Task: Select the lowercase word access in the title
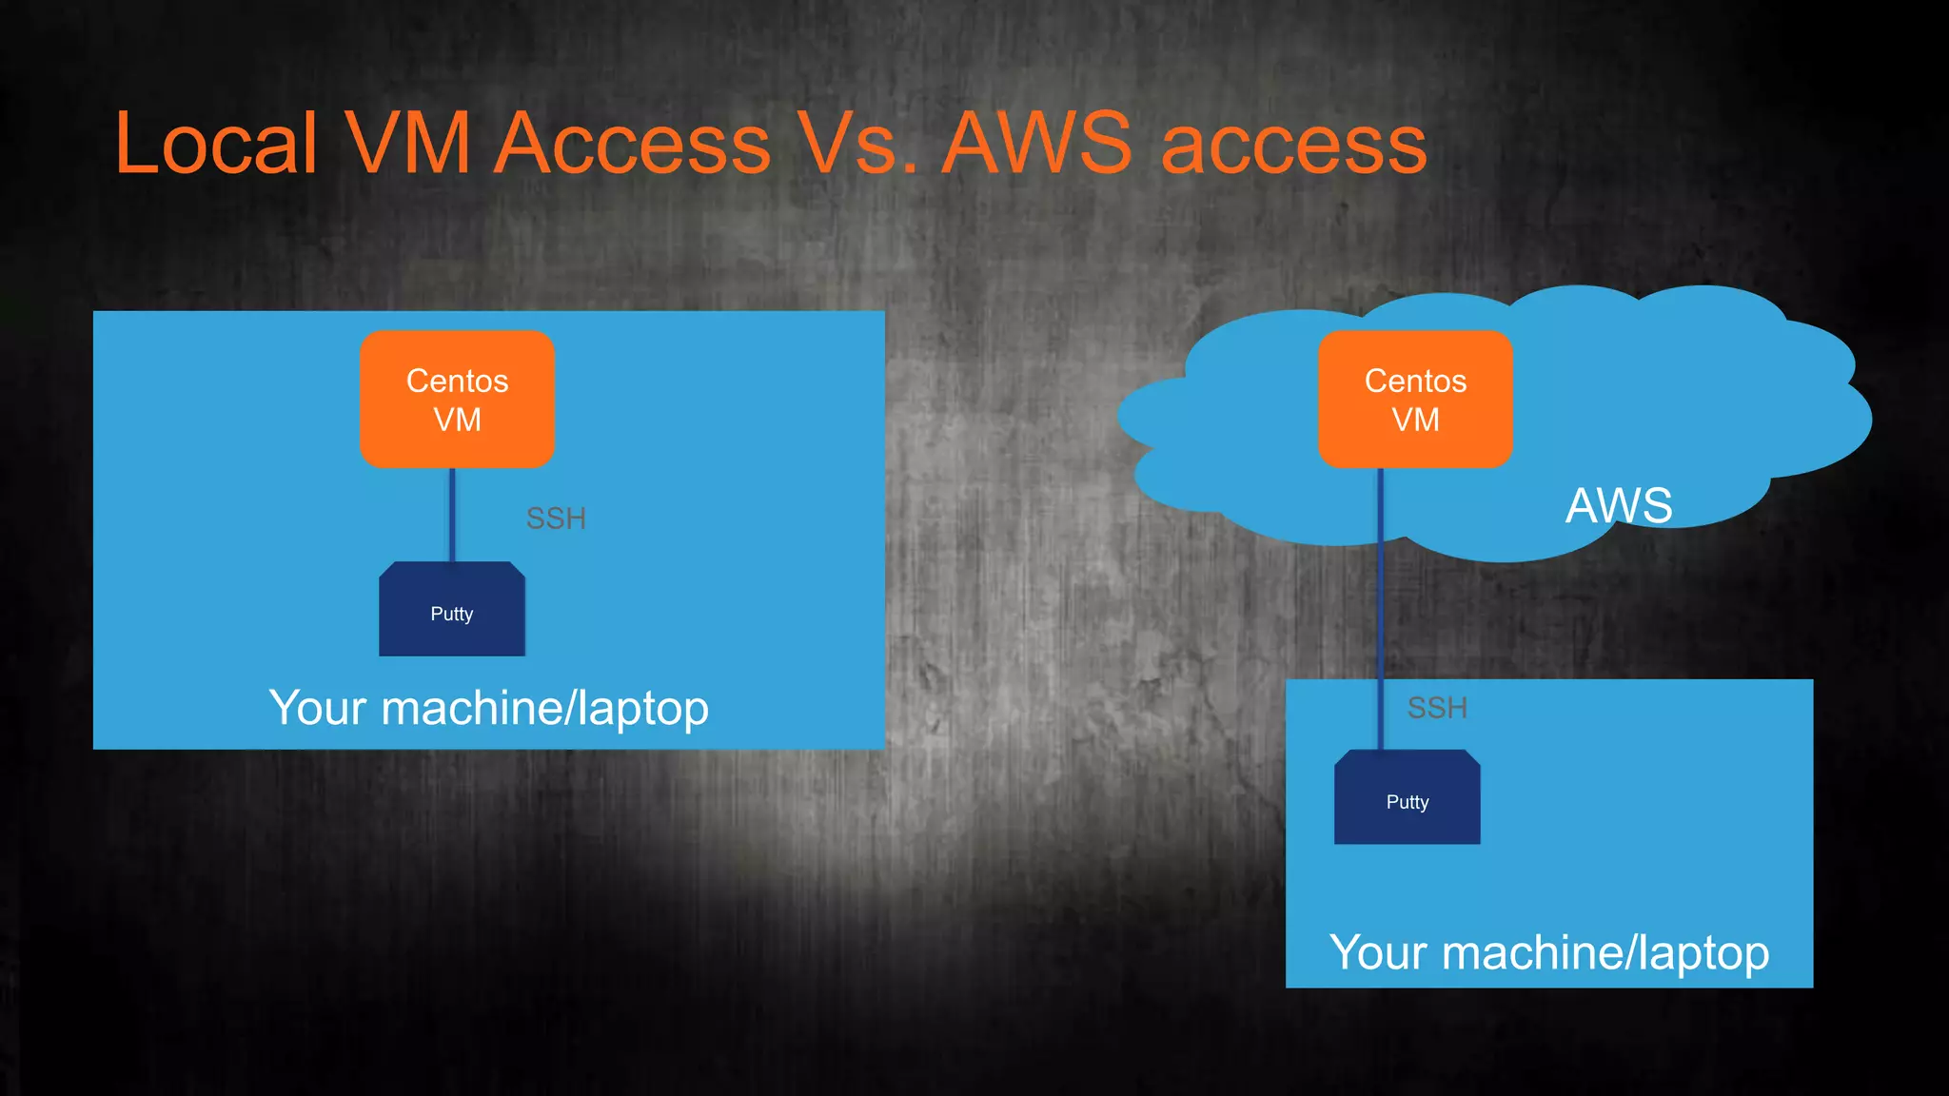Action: coord(1294,145)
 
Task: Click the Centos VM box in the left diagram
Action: coord(457,400)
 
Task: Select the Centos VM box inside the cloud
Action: coord(1415,400)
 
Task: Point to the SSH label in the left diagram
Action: coord(556,519)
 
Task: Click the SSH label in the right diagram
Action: coord(1437,708)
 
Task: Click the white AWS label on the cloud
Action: coord(1619,505)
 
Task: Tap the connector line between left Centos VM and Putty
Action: coord(452,514)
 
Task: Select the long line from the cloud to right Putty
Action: coord(1380,609)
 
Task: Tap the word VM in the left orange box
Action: coord(457,420)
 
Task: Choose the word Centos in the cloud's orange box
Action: coord(1415,381)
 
